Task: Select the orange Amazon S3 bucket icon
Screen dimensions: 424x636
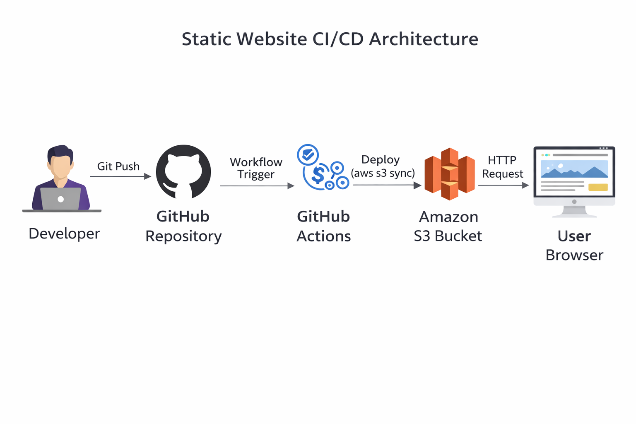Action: click(449, 174)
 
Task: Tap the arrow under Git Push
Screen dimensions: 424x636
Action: click(120, 177)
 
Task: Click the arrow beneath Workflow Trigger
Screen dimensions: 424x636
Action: click(257, 186)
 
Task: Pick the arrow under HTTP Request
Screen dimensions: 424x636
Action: click(503, 185)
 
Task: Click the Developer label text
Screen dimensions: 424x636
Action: click(64, 234)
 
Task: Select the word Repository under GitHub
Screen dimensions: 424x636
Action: click(183, 236)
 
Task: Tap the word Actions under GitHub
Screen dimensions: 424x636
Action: click(324, 236)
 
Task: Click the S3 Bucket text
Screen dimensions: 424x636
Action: click(448, 236)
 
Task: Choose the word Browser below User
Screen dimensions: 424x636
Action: click(574, 255)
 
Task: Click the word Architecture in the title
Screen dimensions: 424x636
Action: click(424, 39)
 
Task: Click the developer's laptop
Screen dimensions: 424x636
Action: click(60, 199)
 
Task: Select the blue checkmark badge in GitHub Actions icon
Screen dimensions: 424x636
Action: click(308, 155)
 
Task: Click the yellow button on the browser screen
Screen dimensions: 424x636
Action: click(598, 187)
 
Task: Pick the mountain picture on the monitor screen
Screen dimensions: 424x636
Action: click(574, 169)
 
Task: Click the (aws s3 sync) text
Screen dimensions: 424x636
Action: click(383, 173)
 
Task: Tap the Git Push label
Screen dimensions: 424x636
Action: click(118, 166)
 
